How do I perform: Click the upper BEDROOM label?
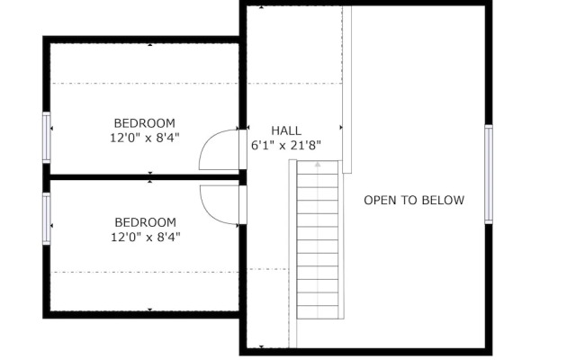[x=144, y=123]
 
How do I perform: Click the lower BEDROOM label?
[x=144, y=222]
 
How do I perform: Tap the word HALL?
[x=286, y=130]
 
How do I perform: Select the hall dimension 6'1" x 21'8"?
[x=286, y=145]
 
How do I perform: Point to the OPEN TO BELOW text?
[x=414, y=200]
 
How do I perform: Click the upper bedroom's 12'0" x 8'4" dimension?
[x=144, y=138]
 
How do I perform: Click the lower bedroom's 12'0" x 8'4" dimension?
[x=144, y=238]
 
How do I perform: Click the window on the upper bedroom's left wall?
[x=47, y=138]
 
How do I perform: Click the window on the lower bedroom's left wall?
[x=47, y=219]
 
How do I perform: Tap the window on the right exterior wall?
[x=489, y=174]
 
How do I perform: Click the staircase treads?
[x=318, y=243]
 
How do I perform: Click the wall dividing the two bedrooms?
[x=144, y=176]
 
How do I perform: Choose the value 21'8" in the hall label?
[x=303, y=145]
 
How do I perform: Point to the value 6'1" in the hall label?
[x=262, y=145]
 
